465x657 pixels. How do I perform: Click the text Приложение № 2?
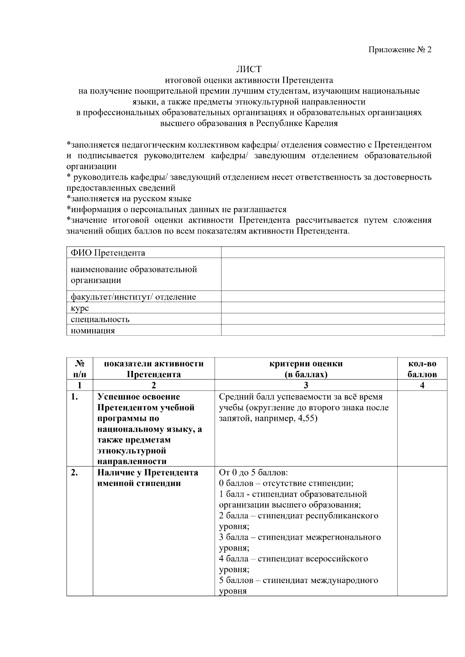(400, 50)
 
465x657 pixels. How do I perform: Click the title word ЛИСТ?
(249, 69)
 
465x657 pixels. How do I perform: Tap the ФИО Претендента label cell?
(108, 253)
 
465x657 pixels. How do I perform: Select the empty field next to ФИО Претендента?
(332, 252)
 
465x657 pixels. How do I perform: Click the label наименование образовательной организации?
(134, 274)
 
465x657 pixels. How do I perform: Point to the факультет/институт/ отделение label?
(133, 297)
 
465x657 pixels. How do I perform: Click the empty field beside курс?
(332, 308)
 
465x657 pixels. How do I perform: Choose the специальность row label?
(100, 319)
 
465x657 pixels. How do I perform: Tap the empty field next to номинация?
(332, 330)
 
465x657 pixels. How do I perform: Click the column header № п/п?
(79, 369)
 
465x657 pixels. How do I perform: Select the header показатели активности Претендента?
(154, 369)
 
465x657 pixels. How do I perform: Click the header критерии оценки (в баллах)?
(306, 369)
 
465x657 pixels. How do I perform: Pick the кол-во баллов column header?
(422, 369)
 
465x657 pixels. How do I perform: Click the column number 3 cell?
(306, 385)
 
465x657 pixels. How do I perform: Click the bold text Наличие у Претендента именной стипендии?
(148, 478)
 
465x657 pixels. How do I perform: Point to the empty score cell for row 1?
(422, 428)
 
